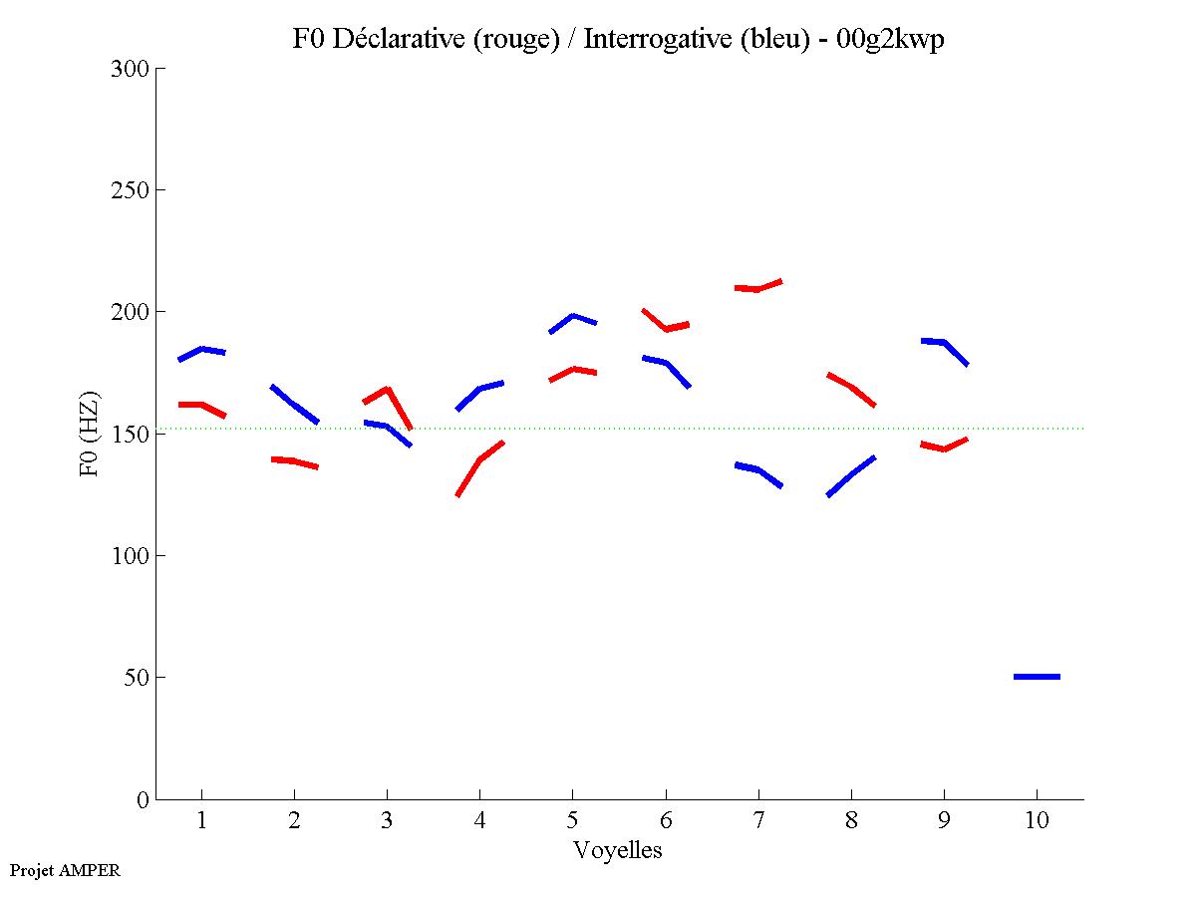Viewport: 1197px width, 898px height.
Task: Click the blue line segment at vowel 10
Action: tap(1037, 677)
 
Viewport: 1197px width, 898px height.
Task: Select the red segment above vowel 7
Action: tap(758, 288)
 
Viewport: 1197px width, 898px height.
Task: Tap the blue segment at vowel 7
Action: tap(758, 469)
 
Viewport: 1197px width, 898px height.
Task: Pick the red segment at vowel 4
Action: tap(479, 460)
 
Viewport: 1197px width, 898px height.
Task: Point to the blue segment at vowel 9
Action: tap(944, 343)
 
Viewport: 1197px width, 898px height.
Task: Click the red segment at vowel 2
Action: tap(294, 460)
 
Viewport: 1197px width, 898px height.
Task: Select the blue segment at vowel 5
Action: tap(572, 317)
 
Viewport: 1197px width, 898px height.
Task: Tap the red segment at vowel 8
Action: tap(851, 387)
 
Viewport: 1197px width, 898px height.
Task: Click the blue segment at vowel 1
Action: tap(202, 350)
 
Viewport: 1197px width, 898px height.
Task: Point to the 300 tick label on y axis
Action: tap(130, 69)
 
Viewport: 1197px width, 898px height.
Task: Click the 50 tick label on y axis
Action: tap(136, 678)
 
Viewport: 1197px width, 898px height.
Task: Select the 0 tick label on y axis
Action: tap(142, 799)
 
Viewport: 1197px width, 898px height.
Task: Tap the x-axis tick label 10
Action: tap(1037, 822)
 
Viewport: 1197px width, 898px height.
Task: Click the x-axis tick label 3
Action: tap(387, 822)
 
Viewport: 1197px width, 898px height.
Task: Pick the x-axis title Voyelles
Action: tap(618, 850)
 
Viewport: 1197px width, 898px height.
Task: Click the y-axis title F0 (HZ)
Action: tap(90, 433)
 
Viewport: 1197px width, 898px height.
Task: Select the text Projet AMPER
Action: tap(65, 870)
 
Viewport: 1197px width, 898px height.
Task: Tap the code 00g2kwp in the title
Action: tap(892, 39)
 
